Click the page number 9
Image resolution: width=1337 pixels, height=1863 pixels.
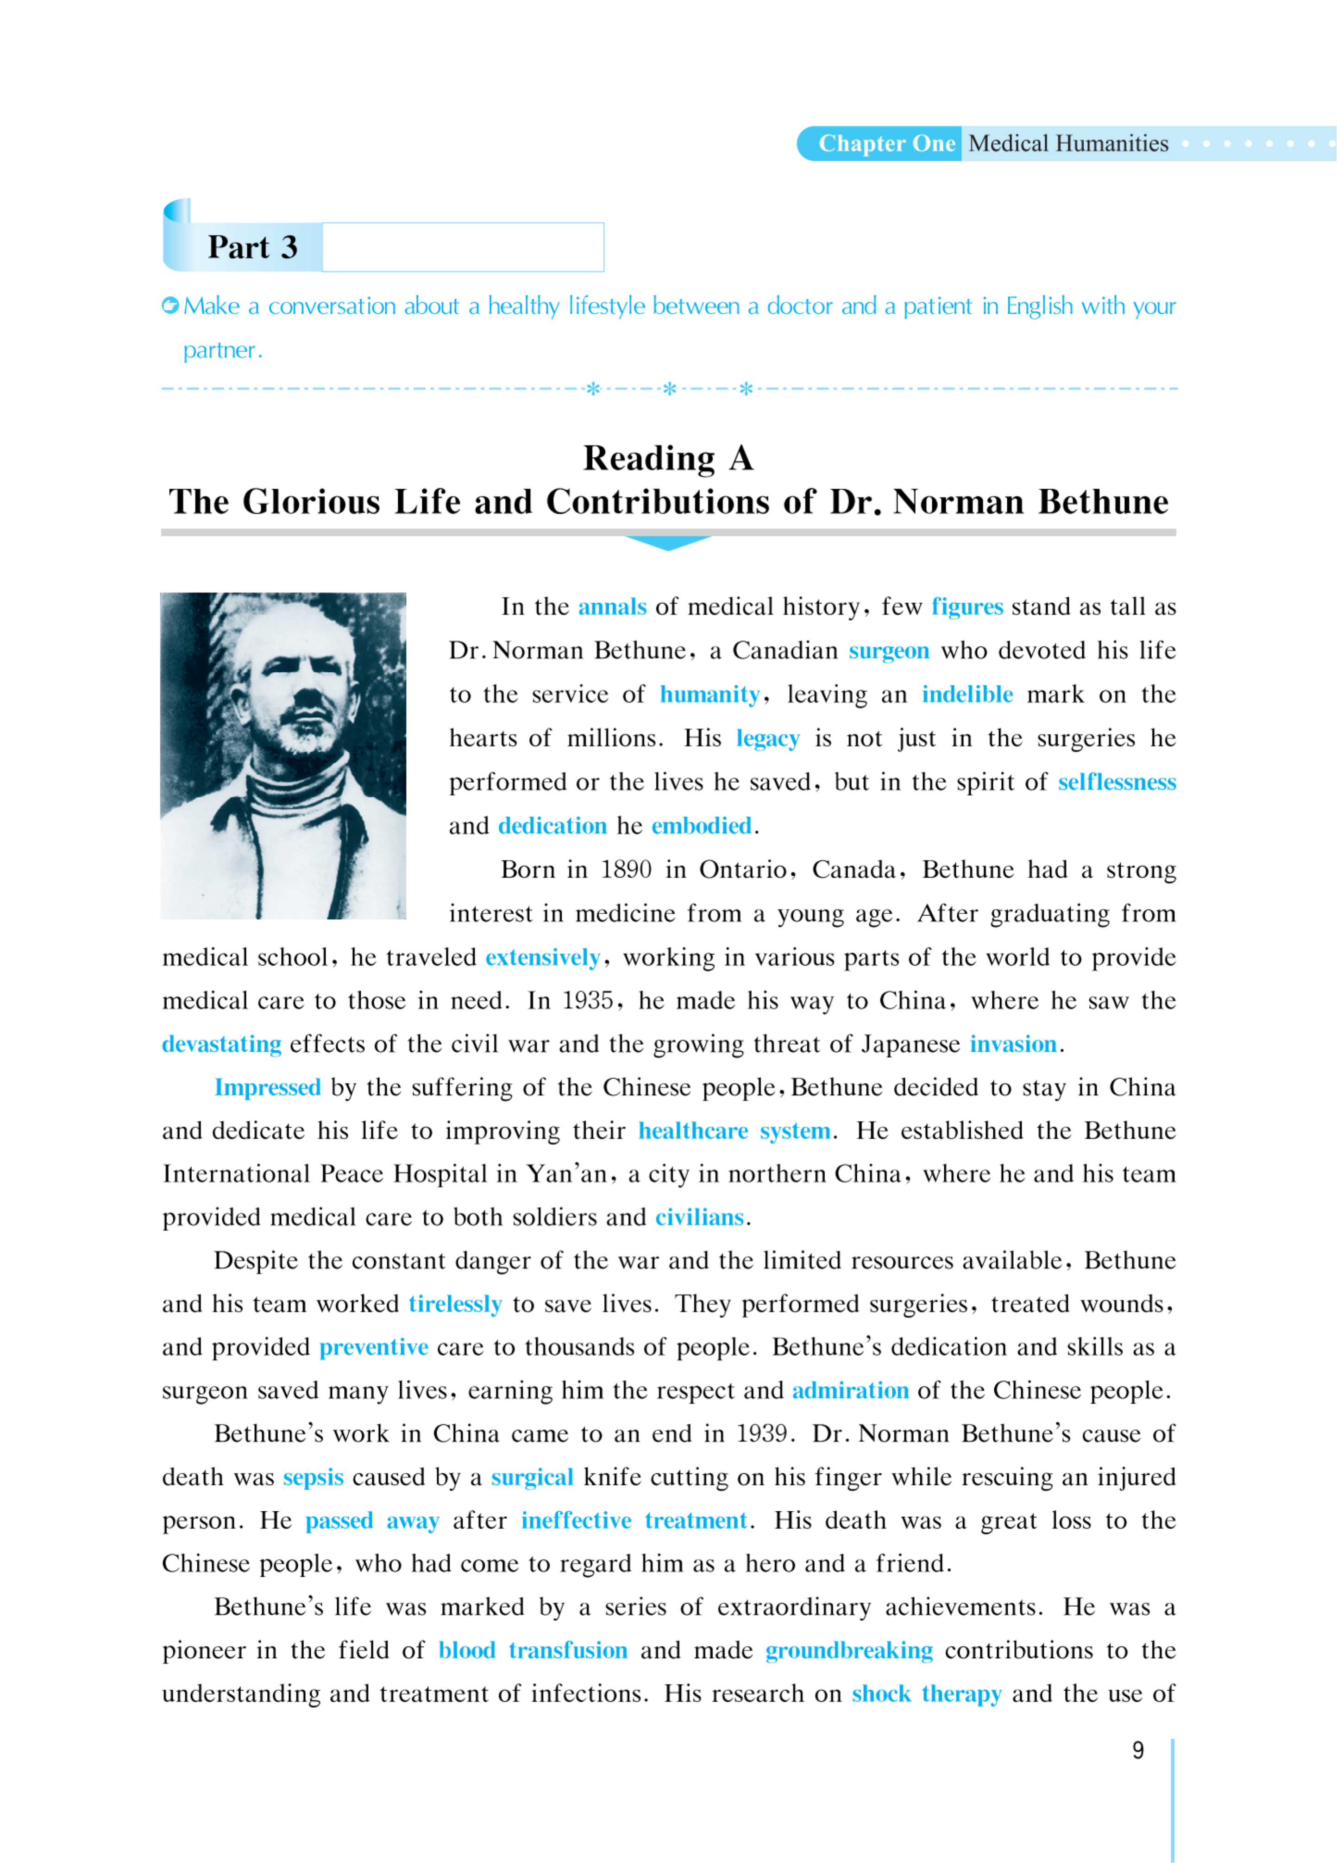pyautogui.click(x=1137, y=1750)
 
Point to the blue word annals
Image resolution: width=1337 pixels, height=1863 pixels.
pyautogui.click(x=612, y=607)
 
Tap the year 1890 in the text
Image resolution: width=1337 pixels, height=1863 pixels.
pyautogui.click(x=626, y=870)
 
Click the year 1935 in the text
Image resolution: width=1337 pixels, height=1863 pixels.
pyautogui.click(x=587, y=1000)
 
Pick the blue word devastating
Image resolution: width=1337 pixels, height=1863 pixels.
pyautogui.click(x=222, y=1044)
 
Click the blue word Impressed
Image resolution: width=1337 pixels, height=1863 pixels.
pyautogui.click(x=268, y=1087)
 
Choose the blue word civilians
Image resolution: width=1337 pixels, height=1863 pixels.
pyautogui.click(x=699, y=1217)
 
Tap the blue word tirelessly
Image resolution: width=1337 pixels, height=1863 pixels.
pyautogui.click(x=455, y=1304)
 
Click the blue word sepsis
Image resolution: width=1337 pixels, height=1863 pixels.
pyautogui.click(x=313, y=1478)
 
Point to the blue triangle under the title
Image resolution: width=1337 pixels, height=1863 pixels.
pyautogui.click(x=668, y=543)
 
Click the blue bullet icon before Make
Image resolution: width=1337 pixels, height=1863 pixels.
pyautogui.click(x=170, y=306)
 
